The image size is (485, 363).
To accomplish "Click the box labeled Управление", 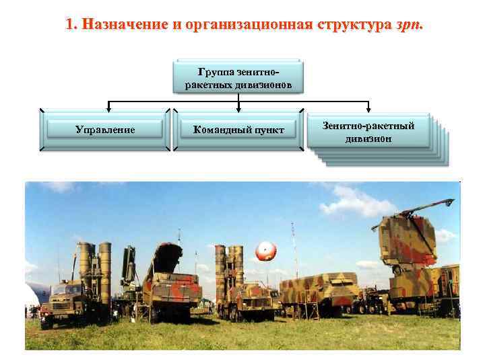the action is tap(104, 129).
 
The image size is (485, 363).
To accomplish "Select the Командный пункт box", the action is tap(238, 129).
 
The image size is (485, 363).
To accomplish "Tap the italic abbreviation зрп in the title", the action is tap(412, 26).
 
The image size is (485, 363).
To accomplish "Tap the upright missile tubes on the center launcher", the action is tap(229, 266).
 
